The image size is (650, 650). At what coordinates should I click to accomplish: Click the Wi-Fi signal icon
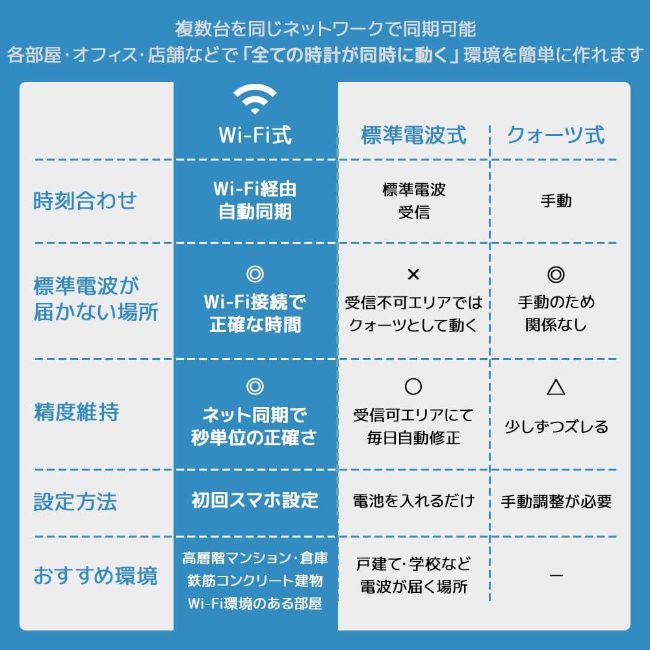255,99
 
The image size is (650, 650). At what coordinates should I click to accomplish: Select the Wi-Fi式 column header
255,135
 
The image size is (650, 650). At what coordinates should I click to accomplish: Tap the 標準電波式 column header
413,135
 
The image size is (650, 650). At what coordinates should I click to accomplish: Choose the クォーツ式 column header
556,135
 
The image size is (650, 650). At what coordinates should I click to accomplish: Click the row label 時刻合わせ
84,201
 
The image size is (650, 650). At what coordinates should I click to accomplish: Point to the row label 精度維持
77,411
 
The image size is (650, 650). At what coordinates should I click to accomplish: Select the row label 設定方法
75,502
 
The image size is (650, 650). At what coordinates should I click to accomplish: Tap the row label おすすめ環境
96,576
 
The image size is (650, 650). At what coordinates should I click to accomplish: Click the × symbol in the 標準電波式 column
413,274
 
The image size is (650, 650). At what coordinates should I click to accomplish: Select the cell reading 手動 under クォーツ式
556,201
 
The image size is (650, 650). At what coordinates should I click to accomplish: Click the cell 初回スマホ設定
255,500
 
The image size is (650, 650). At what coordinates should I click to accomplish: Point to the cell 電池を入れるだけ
413,500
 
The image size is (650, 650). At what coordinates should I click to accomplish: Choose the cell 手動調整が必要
556,501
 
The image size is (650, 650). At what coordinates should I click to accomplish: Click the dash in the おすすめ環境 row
556,575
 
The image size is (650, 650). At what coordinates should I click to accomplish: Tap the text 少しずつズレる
556,426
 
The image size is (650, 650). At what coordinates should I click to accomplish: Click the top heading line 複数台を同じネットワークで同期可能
325,29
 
